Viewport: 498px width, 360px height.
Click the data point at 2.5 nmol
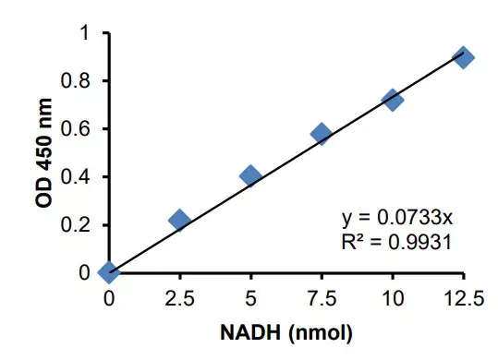coord(179,220)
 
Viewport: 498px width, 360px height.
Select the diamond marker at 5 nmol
coord(250,175)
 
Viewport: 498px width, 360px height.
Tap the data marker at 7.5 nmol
coord(322,134)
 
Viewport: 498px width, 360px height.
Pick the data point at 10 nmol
coord(393,100)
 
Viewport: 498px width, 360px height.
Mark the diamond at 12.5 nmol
coord(464,57)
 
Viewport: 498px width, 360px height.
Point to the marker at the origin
coord(109,272)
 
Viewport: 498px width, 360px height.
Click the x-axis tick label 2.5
coord(179,297)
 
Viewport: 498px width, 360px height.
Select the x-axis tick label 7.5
coord(322,297)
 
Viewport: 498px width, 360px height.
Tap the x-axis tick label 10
coord(393,297)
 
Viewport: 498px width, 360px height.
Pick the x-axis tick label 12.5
coord(464,297)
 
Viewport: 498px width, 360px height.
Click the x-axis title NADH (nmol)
coord(286,330)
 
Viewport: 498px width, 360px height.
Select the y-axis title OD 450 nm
coord(45,153)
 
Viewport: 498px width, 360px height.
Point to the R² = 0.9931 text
coord(395,242)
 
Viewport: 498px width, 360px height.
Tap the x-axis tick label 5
coord(250,297)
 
